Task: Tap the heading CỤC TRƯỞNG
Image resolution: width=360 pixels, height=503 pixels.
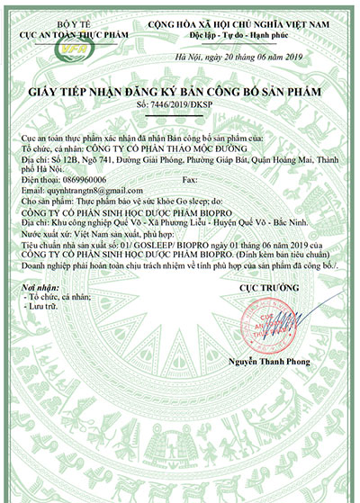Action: pos(267,288)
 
